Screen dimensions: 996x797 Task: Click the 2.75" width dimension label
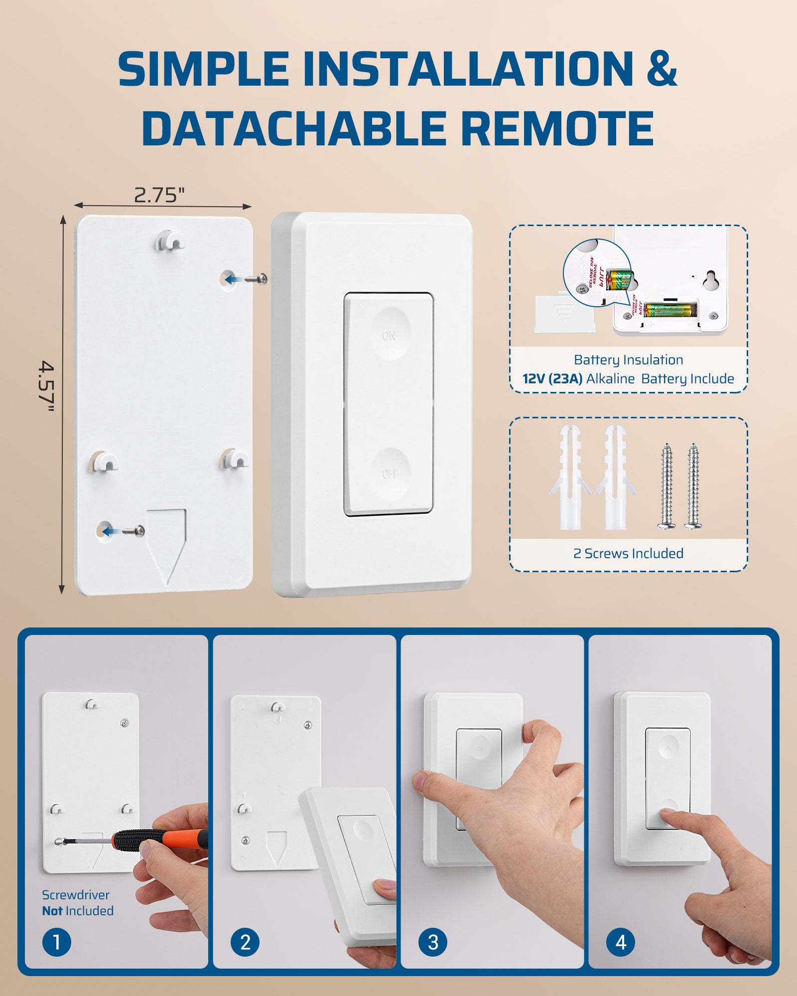point(159,195)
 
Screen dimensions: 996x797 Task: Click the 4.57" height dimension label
point(47,386)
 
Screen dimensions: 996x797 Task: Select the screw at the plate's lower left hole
point(134,531)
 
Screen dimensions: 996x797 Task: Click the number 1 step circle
point(56,942)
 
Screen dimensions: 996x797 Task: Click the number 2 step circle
point(245,942)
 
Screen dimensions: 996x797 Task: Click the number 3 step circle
point(433,942)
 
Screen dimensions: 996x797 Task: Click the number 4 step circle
point(621,942)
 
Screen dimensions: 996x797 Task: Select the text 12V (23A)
point(552,379)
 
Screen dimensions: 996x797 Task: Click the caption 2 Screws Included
point(628,553)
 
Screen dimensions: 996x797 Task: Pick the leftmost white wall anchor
point(570,478)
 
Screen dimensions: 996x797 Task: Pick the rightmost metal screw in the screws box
point(693,486)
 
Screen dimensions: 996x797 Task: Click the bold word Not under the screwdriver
point(52,911)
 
